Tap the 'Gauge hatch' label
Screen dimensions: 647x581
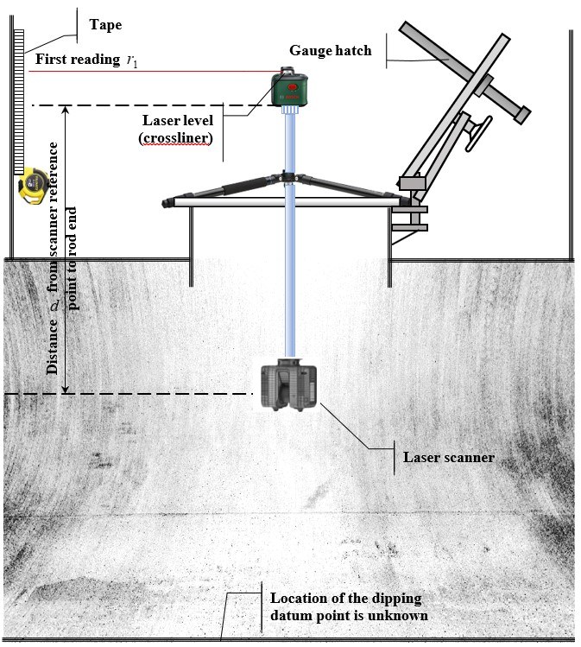(341, 51)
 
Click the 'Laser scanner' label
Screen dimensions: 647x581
(448, 456)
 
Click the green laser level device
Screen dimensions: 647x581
(289, 89)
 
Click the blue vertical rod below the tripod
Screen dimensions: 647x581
(288, 285)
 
